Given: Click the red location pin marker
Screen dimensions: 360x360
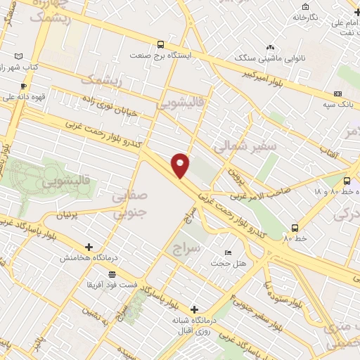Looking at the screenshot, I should (x=180, y=165).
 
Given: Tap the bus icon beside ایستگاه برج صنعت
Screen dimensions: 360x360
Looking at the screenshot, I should (x=161, y=43).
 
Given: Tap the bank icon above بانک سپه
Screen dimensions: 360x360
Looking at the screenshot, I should (x=337, y=94).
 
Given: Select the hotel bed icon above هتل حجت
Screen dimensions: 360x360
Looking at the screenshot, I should (x=227, y=252).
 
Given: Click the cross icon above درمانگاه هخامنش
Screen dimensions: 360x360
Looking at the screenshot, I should (x=89, y=247).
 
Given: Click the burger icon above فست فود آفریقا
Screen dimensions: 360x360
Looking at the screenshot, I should (x=112, y=274).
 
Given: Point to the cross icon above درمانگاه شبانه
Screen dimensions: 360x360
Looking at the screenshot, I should (x=195, y=309).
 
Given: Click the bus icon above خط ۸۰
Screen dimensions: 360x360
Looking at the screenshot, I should (x=294, y=227).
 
